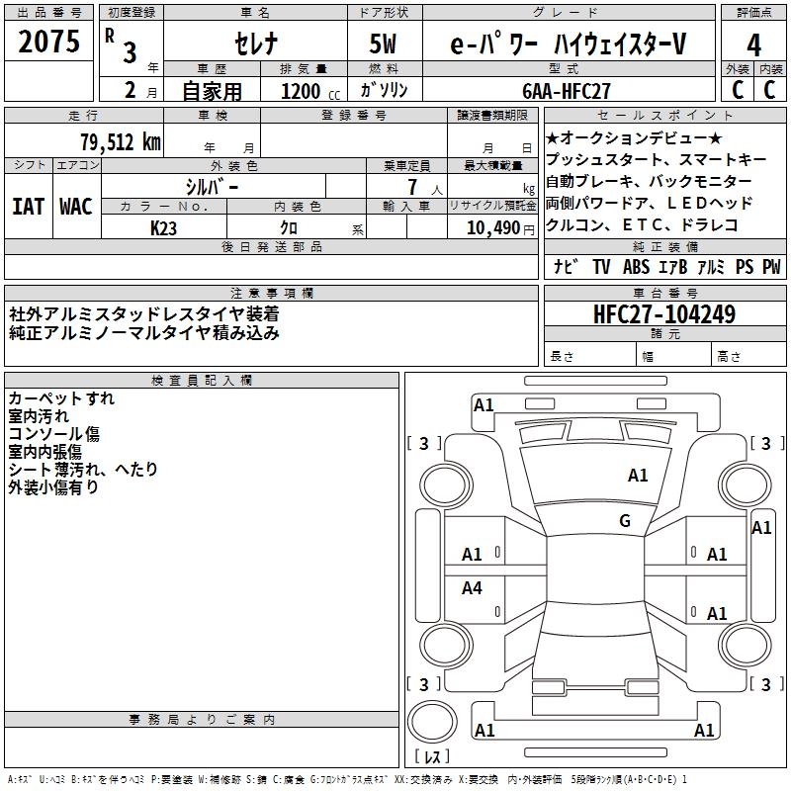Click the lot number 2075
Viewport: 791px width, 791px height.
tap(49, 43)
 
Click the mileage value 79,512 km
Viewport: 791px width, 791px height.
tap(119, 141)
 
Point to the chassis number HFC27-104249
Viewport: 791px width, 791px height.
tap(664, 315)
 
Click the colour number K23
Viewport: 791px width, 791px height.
tap(164, 227)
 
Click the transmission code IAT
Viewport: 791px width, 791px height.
tap(29, 207)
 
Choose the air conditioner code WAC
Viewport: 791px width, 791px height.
tap(76, 207)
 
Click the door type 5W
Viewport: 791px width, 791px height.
tap(384, 44)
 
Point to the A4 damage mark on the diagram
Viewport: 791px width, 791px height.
tap(473, 588)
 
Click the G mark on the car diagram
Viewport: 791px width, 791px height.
tap(625, 521)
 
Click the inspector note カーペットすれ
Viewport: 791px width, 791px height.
tap(61, 398)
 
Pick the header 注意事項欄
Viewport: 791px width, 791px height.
tap(272, 294)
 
